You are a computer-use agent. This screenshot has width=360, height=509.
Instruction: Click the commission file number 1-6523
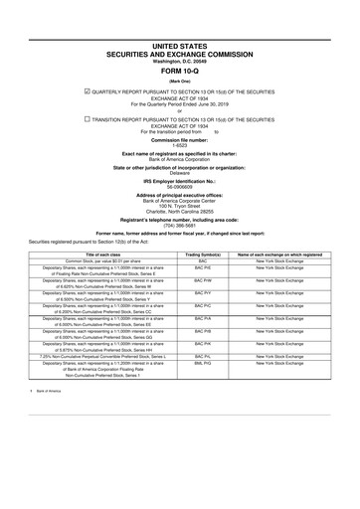(x=180, y=146)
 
